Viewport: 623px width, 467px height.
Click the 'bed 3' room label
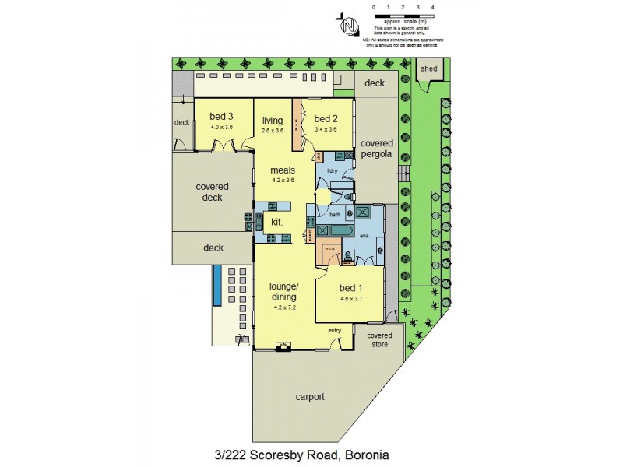(221, 118)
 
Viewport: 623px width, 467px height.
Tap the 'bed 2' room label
(326, 118)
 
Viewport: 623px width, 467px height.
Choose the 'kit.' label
(276, 222)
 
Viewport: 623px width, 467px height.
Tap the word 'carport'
(309, 396)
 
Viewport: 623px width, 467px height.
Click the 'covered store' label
(381, 339)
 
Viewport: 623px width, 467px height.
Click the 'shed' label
(429, 68)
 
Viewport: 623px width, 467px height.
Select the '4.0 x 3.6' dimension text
(221, 128)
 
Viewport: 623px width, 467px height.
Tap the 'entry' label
(335, 330)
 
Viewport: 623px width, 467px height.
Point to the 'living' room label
(273, 120)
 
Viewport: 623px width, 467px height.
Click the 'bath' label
(335, 214)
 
